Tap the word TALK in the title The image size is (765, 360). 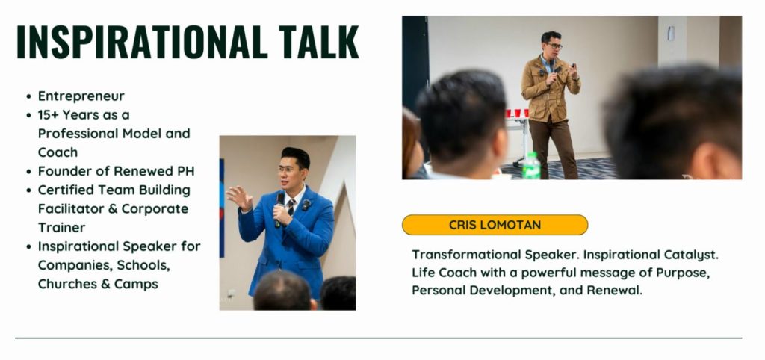point(318,42)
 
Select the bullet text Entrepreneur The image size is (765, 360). point(81,96)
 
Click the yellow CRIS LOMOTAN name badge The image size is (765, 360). point(495,225)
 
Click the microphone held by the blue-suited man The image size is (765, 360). point(279,209)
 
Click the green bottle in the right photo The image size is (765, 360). point(531,166)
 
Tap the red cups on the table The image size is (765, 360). point(517,114)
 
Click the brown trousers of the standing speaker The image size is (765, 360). point(554,149)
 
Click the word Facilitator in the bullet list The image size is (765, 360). point(71,209)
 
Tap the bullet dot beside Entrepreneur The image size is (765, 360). point(29,96)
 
